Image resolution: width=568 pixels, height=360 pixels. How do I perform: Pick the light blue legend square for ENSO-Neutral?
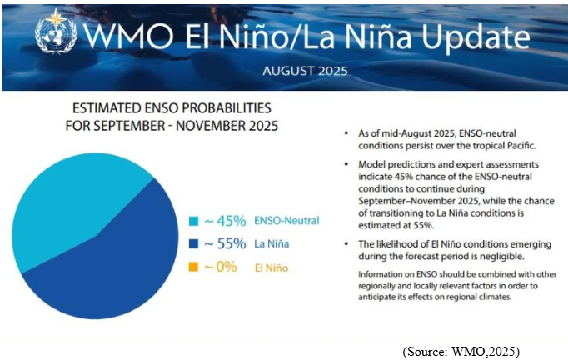(193, 222)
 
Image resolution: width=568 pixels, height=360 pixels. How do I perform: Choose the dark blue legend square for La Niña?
(193, 244)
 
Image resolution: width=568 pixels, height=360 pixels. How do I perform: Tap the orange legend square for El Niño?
(193, 267)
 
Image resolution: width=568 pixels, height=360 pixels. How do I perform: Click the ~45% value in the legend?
(226, 221)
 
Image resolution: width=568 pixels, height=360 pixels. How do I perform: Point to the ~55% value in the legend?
(226, 244)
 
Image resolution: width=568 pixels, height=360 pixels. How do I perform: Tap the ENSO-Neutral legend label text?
(288, 222)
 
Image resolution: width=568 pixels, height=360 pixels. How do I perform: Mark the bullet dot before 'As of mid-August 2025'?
(346, 133)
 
